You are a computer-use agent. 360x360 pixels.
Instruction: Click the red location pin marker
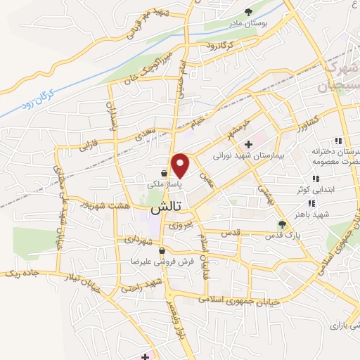(181, 165)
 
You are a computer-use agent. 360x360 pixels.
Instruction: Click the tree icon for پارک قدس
(282, 224)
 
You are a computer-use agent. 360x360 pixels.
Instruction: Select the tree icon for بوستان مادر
(249, 11)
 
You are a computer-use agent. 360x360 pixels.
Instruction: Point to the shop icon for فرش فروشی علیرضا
(162, 250)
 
